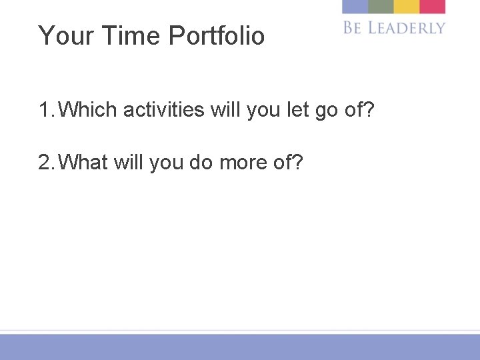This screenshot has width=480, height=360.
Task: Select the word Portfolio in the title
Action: point(217,36)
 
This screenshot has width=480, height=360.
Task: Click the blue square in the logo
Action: point(355,7)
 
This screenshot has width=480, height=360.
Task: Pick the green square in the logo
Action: point(381,7)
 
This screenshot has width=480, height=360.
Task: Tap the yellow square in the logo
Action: point(406,7)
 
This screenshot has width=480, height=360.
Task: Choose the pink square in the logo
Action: point(432,7)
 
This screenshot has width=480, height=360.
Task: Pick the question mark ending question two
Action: point(297,161)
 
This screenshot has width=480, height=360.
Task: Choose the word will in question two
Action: point(129,161)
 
